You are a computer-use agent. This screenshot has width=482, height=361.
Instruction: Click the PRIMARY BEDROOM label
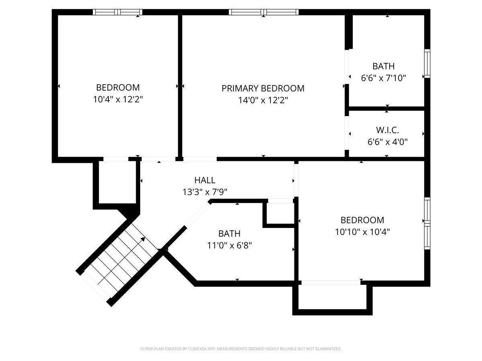(x=263, y=88)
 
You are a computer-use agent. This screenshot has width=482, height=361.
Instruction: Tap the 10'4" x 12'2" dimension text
(x=118, y=99)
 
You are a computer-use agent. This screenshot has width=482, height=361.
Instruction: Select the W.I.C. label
(x=387, y=130)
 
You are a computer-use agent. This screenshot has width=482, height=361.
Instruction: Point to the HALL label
(x=205, y=180)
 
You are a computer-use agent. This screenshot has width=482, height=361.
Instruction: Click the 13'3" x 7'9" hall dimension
(x=205, y=192)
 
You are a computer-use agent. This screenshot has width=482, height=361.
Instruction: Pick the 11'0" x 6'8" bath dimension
(x=229, y=245)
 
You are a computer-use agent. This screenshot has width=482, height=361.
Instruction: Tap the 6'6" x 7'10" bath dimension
(x=384, y=78)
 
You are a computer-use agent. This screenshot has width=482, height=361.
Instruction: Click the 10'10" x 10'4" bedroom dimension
(x=362, y=232)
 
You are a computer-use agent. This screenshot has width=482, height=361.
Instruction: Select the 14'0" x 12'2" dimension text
(x=263, y=100)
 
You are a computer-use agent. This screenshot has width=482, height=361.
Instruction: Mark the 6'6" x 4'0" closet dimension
(x=387, y=142)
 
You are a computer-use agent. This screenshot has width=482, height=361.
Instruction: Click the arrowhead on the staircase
(x=143, y=239)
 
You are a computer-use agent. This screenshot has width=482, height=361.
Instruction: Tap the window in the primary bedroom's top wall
(x=263, y=12)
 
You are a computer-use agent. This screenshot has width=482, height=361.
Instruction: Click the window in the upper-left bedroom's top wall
(x=117, y=12)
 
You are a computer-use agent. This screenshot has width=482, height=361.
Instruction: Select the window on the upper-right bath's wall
(x=427, y=63)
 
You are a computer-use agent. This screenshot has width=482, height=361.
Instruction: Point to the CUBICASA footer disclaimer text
(x=241, y=349)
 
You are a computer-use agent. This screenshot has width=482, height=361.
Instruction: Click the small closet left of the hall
(x=117, y=183)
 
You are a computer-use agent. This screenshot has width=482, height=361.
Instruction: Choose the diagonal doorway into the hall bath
(x=197, y=214)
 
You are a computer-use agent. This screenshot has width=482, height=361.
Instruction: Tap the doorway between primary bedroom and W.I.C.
(x=347, y=133)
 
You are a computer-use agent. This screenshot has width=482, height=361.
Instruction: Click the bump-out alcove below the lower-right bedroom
(x=332, y=296)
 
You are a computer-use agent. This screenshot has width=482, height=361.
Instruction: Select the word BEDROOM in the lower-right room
(x=362, y=220)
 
